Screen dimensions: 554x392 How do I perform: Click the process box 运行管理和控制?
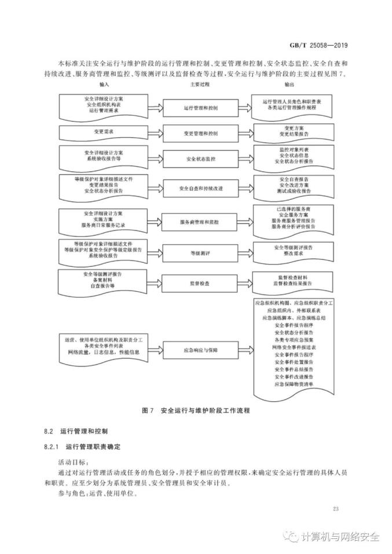pos(200,108)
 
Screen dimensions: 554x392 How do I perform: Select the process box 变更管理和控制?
pos(200,133)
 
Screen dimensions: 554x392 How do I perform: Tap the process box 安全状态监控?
pos(200,159)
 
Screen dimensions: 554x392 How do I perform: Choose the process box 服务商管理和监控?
pos(200,222)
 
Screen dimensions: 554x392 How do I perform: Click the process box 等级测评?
pos(200,252)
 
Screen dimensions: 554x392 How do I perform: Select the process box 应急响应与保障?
pos(200,350)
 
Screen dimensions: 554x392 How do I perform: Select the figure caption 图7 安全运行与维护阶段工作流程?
pos(195,410)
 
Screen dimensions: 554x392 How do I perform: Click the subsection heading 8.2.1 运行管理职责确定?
pos(87,447)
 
